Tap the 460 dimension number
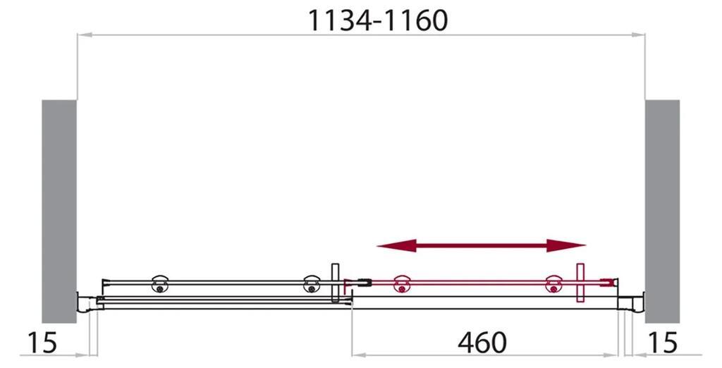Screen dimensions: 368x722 [x=482, y=343]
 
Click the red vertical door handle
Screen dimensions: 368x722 [x=580, y=283]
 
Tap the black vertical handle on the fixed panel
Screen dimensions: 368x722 [x=336, y=283]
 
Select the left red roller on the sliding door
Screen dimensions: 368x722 [x=402, y=283]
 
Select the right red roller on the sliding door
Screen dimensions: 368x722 [x=553, y=283]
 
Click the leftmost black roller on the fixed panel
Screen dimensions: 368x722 [x=160, y=283]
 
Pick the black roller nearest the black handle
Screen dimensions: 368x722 [x=310, y=283]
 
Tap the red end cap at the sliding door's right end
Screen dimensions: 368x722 [x=611, y=282]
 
